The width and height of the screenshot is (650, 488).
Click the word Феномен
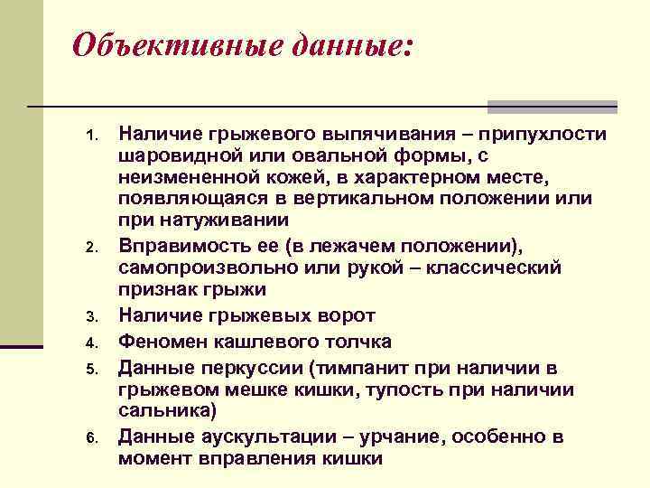(162, 342)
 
